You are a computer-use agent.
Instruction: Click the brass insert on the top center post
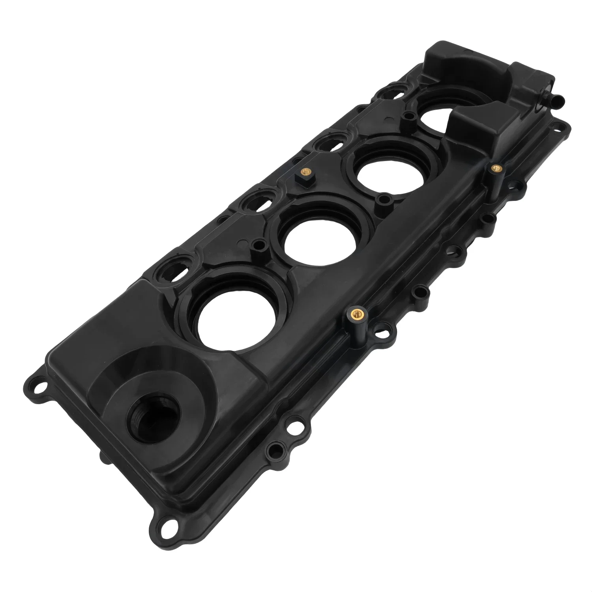coord(303,172)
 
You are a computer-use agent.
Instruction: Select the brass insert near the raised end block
coord(495,168)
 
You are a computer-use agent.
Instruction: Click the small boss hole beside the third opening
coord(382,199)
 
